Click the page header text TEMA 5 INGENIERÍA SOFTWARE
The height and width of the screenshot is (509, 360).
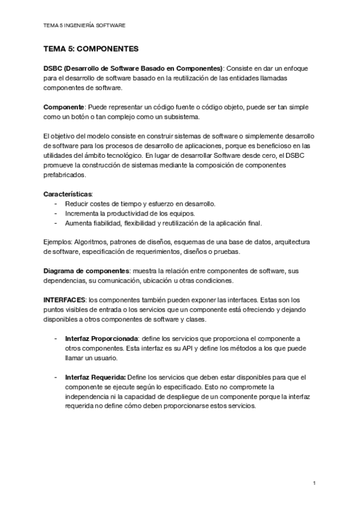pos(85,26)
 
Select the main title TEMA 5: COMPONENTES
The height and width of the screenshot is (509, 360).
pos(91,48)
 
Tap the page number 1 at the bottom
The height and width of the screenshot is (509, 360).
pos(314,483)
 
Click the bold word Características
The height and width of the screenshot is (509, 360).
pos(68,194)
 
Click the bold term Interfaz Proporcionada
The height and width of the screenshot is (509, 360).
pos(101,339)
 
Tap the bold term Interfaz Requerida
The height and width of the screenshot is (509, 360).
pos(95,377)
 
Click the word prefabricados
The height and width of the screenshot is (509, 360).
pos(65,175)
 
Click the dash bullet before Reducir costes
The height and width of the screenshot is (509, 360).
pos(56,203)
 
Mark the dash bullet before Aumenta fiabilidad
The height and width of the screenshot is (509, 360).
pos(56,223)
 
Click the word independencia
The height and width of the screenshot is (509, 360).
pos(88,396)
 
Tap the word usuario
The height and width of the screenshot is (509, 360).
pos(105,358)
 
